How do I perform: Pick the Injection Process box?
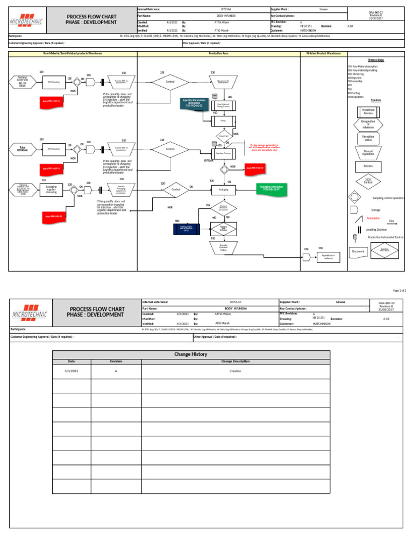[x=223, y=153]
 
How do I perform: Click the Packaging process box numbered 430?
[x=224, y=189]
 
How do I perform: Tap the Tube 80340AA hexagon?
[x=22, y=149]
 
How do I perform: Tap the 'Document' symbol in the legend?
[x=358, y=251]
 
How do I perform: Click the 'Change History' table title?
[x=191, y=354]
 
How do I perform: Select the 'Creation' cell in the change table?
[x=235, y=371]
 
